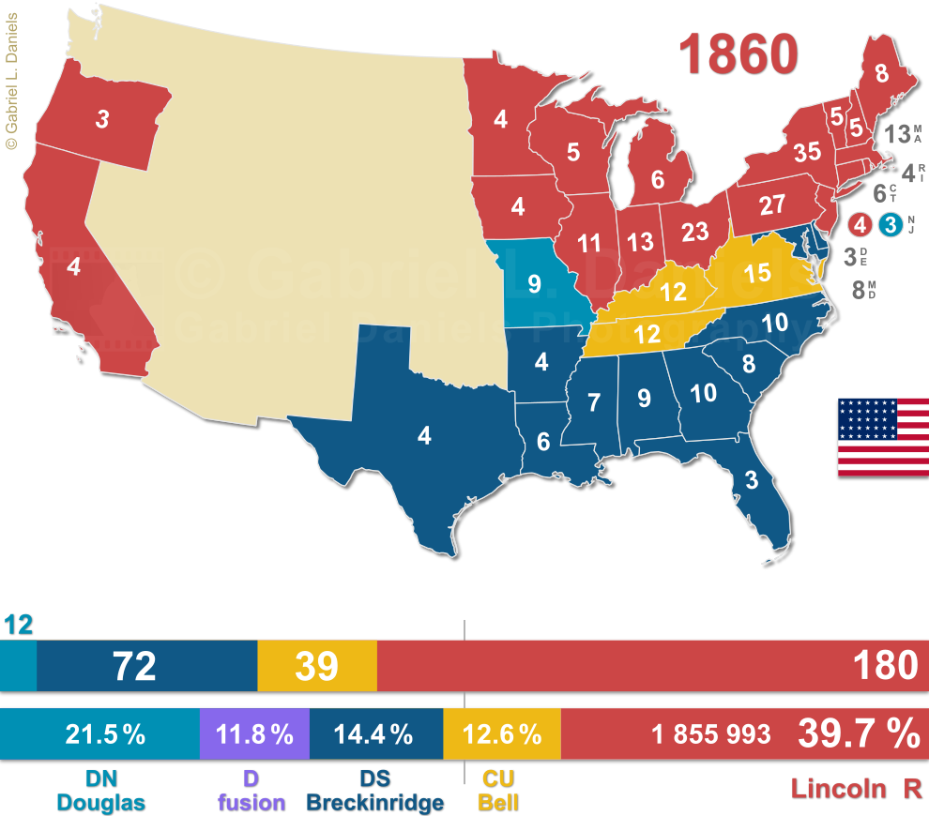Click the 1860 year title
739,53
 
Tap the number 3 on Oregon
102,119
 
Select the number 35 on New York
807,151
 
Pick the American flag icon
883,437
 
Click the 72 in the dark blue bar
133,666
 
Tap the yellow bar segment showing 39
316,666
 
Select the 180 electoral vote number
885,665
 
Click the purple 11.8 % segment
254,734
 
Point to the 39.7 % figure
858,734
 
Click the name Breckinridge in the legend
374,803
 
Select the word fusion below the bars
251,803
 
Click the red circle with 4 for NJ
859,225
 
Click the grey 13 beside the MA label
894,133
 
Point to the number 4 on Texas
424,436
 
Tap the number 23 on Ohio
695,231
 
